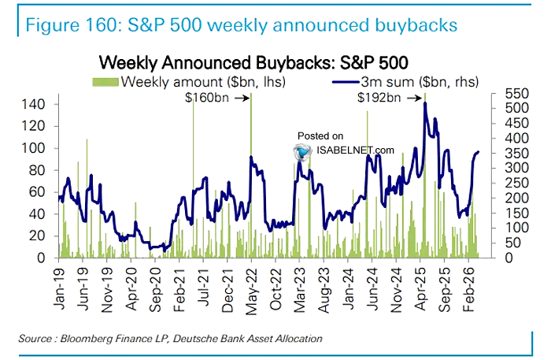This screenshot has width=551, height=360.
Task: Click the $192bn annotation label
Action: pos(379,98)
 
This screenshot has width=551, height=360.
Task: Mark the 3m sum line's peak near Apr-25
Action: pos(425,104)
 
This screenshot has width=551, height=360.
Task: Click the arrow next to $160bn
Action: pos(242,98)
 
